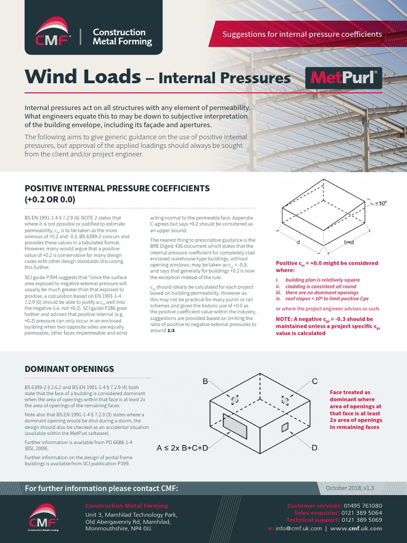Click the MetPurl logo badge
(344, 78)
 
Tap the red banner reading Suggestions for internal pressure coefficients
(302, 34)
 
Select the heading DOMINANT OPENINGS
(69, 369)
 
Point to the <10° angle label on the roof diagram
(380, 203)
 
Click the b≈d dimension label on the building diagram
(349, 242)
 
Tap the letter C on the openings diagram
(314, 381)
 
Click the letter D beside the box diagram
(314, 448)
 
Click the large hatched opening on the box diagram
(235, 422)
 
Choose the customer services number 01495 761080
(363, 506)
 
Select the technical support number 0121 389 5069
(363, 520)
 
